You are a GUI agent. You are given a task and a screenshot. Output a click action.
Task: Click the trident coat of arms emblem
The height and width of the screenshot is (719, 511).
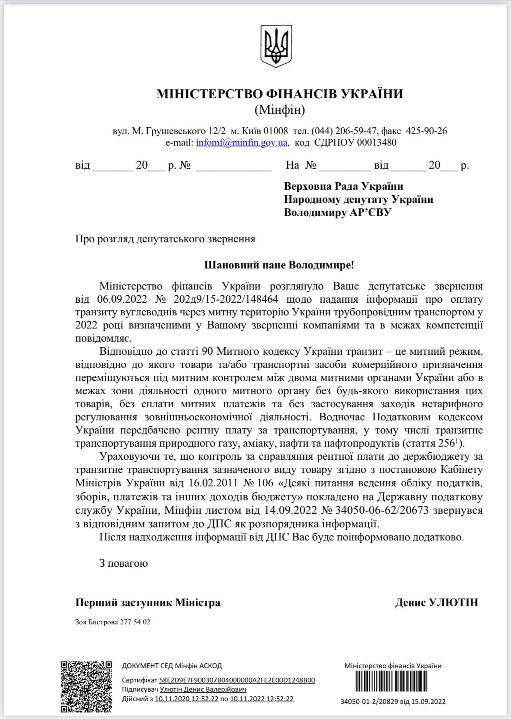click(275, 46)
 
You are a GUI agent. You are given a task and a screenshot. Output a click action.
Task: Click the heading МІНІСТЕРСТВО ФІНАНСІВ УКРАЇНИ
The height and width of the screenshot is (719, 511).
click(280, 94)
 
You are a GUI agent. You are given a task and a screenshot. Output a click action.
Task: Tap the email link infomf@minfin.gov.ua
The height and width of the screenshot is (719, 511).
click(242, 142)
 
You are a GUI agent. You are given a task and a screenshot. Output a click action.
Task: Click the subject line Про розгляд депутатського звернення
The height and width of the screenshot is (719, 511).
click(165, 239)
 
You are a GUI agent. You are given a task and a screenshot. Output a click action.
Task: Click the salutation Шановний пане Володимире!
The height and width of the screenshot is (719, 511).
click(279, 265)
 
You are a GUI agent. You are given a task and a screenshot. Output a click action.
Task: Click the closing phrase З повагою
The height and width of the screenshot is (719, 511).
click(123, 563)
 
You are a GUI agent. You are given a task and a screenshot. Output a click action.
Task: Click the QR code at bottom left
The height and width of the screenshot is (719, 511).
click(86, 686)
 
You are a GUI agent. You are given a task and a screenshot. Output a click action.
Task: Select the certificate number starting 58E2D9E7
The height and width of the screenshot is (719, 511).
click(237, 680)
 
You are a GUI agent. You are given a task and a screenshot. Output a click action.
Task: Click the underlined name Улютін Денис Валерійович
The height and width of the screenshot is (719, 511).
click(203, 690)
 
